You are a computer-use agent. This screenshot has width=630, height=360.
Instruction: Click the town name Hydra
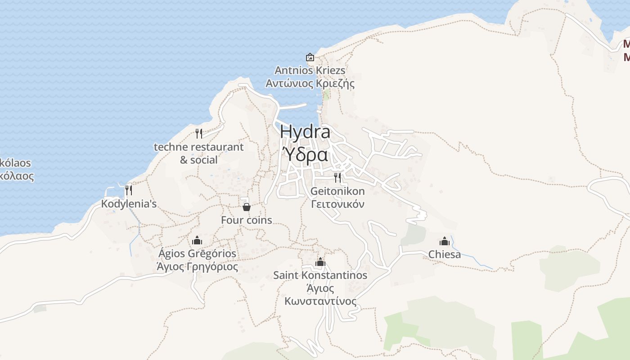pyautogui.click(x=305, y=132)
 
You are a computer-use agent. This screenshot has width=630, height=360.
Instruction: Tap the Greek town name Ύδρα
pyautogui.click(x=305, y=154)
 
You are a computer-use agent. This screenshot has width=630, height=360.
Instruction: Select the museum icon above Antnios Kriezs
pyautogui.click(x=310, y=57)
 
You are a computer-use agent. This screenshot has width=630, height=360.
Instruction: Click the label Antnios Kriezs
pyautogui.click(x=310, y=70)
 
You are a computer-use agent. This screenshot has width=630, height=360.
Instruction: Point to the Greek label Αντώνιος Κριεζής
pyautogui.click(x=310, y=83)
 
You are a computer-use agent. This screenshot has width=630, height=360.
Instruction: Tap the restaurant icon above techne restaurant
pyautogui.click(x=198, y=133)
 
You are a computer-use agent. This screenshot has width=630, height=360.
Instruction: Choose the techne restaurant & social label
pyautogui.click(x=198, y=153)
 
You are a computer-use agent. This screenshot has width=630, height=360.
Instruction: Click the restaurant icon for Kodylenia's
pyautogui.click(x=128, y=190)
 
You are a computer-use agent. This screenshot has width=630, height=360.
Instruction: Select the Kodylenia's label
pyautogui.click(x=129, y=204)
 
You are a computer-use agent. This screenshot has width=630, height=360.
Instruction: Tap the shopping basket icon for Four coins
pyautogui.click(x=246, y=207)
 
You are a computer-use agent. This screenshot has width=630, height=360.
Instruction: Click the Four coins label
pyautogui.click(x=247, y=220)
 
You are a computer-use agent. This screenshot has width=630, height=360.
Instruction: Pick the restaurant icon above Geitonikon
pyautogui.click(x=337, y=177)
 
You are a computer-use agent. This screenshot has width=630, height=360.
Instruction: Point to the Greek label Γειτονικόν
pyautogui.click(x=337, y=204)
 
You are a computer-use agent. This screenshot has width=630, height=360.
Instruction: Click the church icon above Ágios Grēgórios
pyautogui.click(x=197, y=240)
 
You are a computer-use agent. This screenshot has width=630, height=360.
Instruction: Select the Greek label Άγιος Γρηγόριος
pyautogui.click(x=197, y=266)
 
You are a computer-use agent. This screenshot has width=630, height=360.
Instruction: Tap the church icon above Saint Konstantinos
pyautogui.click(x=320, y=262)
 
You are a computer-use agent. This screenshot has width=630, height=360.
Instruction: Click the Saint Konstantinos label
pyautogui.click(x=320, y=275)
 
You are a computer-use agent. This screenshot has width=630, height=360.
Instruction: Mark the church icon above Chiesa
pyautogui.click(x=445, y=241)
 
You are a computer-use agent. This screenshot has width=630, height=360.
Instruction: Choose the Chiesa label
pyautogui.click(x=445, y=254)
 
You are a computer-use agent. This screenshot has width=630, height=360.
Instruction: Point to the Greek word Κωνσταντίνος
pyautogui.click(x=320, y=301)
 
